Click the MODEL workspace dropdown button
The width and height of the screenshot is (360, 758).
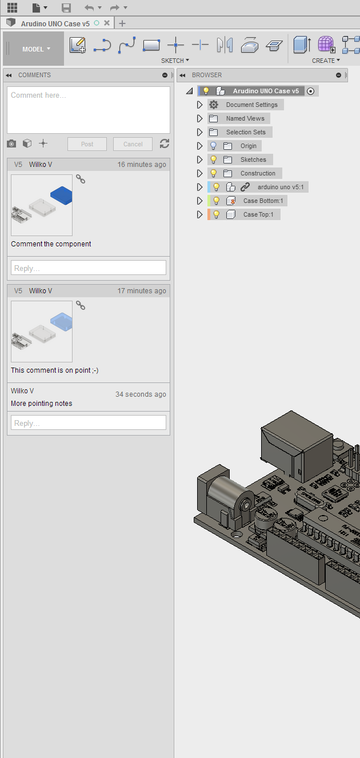point(36,49)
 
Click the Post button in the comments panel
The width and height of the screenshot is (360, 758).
point(87,144)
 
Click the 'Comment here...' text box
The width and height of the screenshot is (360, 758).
point(88,110)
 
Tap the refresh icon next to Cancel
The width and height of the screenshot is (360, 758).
point(165,143)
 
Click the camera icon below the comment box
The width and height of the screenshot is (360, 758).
point(11,143)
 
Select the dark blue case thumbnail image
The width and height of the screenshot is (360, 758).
point(42,205)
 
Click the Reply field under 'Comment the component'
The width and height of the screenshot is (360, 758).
point(88,268)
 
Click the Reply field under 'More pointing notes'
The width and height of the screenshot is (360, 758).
point(88,423)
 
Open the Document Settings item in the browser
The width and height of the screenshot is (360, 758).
point(251,105)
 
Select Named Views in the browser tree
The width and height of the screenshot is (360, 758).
point(245,118)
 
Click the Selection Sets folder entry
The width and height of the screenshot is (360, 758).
point(246,132)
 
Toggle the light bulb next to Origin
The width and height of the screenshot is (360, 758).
point(214,146)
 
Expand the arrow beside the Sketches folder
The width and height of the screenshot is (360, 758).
point(199,159)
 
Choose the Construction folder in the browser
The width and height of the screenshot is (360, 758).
point(258,173)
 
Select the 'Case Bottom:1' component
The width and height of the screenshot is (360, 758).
point(263,201)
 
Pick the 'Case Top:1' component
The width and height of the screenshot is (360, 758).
point(258,214)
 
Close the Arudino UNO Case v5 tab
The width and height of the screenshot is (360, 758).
point(107,23)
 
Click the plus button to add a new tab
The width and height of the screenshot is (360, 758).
point(122,23)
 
